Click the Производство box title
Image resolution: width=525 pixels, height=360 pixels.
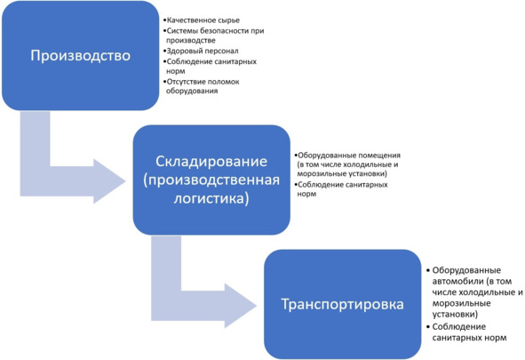point(80,56)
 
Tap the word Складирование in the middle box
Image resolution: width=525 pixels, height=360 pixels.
point(211,162)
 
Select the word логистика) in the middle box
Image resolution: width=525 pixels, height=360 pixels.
point(211,198)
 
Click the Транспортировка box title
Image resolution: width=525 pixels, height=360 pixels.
point(342,304)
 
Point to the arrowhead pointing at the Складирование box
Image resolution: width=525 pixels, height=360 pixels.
point(109,181)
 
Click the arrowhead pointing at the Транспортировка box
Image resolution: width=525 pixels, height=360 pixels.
point(241,306)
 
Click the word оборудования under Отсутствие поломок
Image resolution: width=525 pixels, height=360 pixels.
point(192,91)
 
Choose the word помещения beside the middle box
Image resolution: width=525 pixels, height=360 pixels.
point(379,156)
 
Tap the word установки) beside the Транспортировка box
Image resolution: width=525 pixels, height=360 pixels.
point(455,315)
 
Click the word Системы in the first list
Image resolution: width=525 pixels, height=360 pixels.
point(182,31)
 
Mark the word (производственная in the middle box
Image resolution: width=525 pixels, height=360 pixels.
point(211,180)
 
